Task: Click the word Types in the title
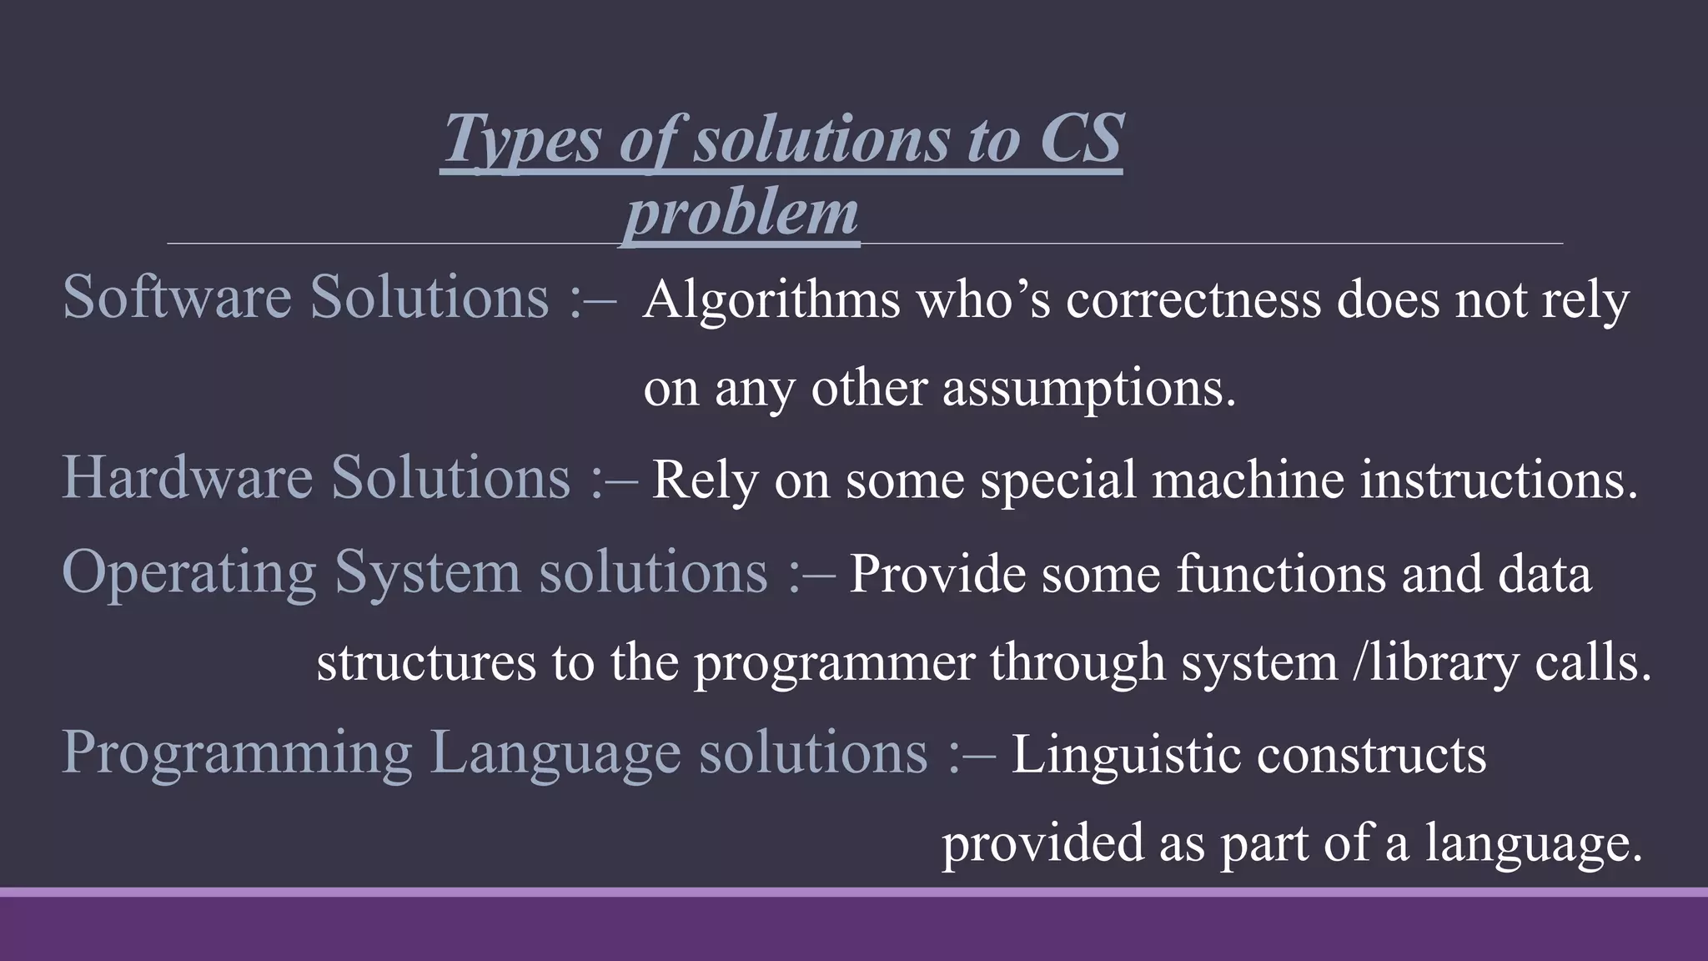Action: click(x=522, y=138)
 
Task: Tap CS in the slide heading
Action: click(x=1081, y=138)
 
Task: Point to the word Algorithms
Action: click(x=771, y=299)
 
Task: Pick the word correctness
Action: click(x=1193, y=299)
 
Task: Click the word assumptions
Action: click(x=1089, y=389)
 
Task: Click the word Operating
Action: click(x=189, y=573)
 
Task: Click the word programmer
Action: click(x=834, y=664)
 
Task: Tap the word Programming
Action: click(x=237, y=752)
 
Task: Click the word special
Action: click(x=1058, y=481)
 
